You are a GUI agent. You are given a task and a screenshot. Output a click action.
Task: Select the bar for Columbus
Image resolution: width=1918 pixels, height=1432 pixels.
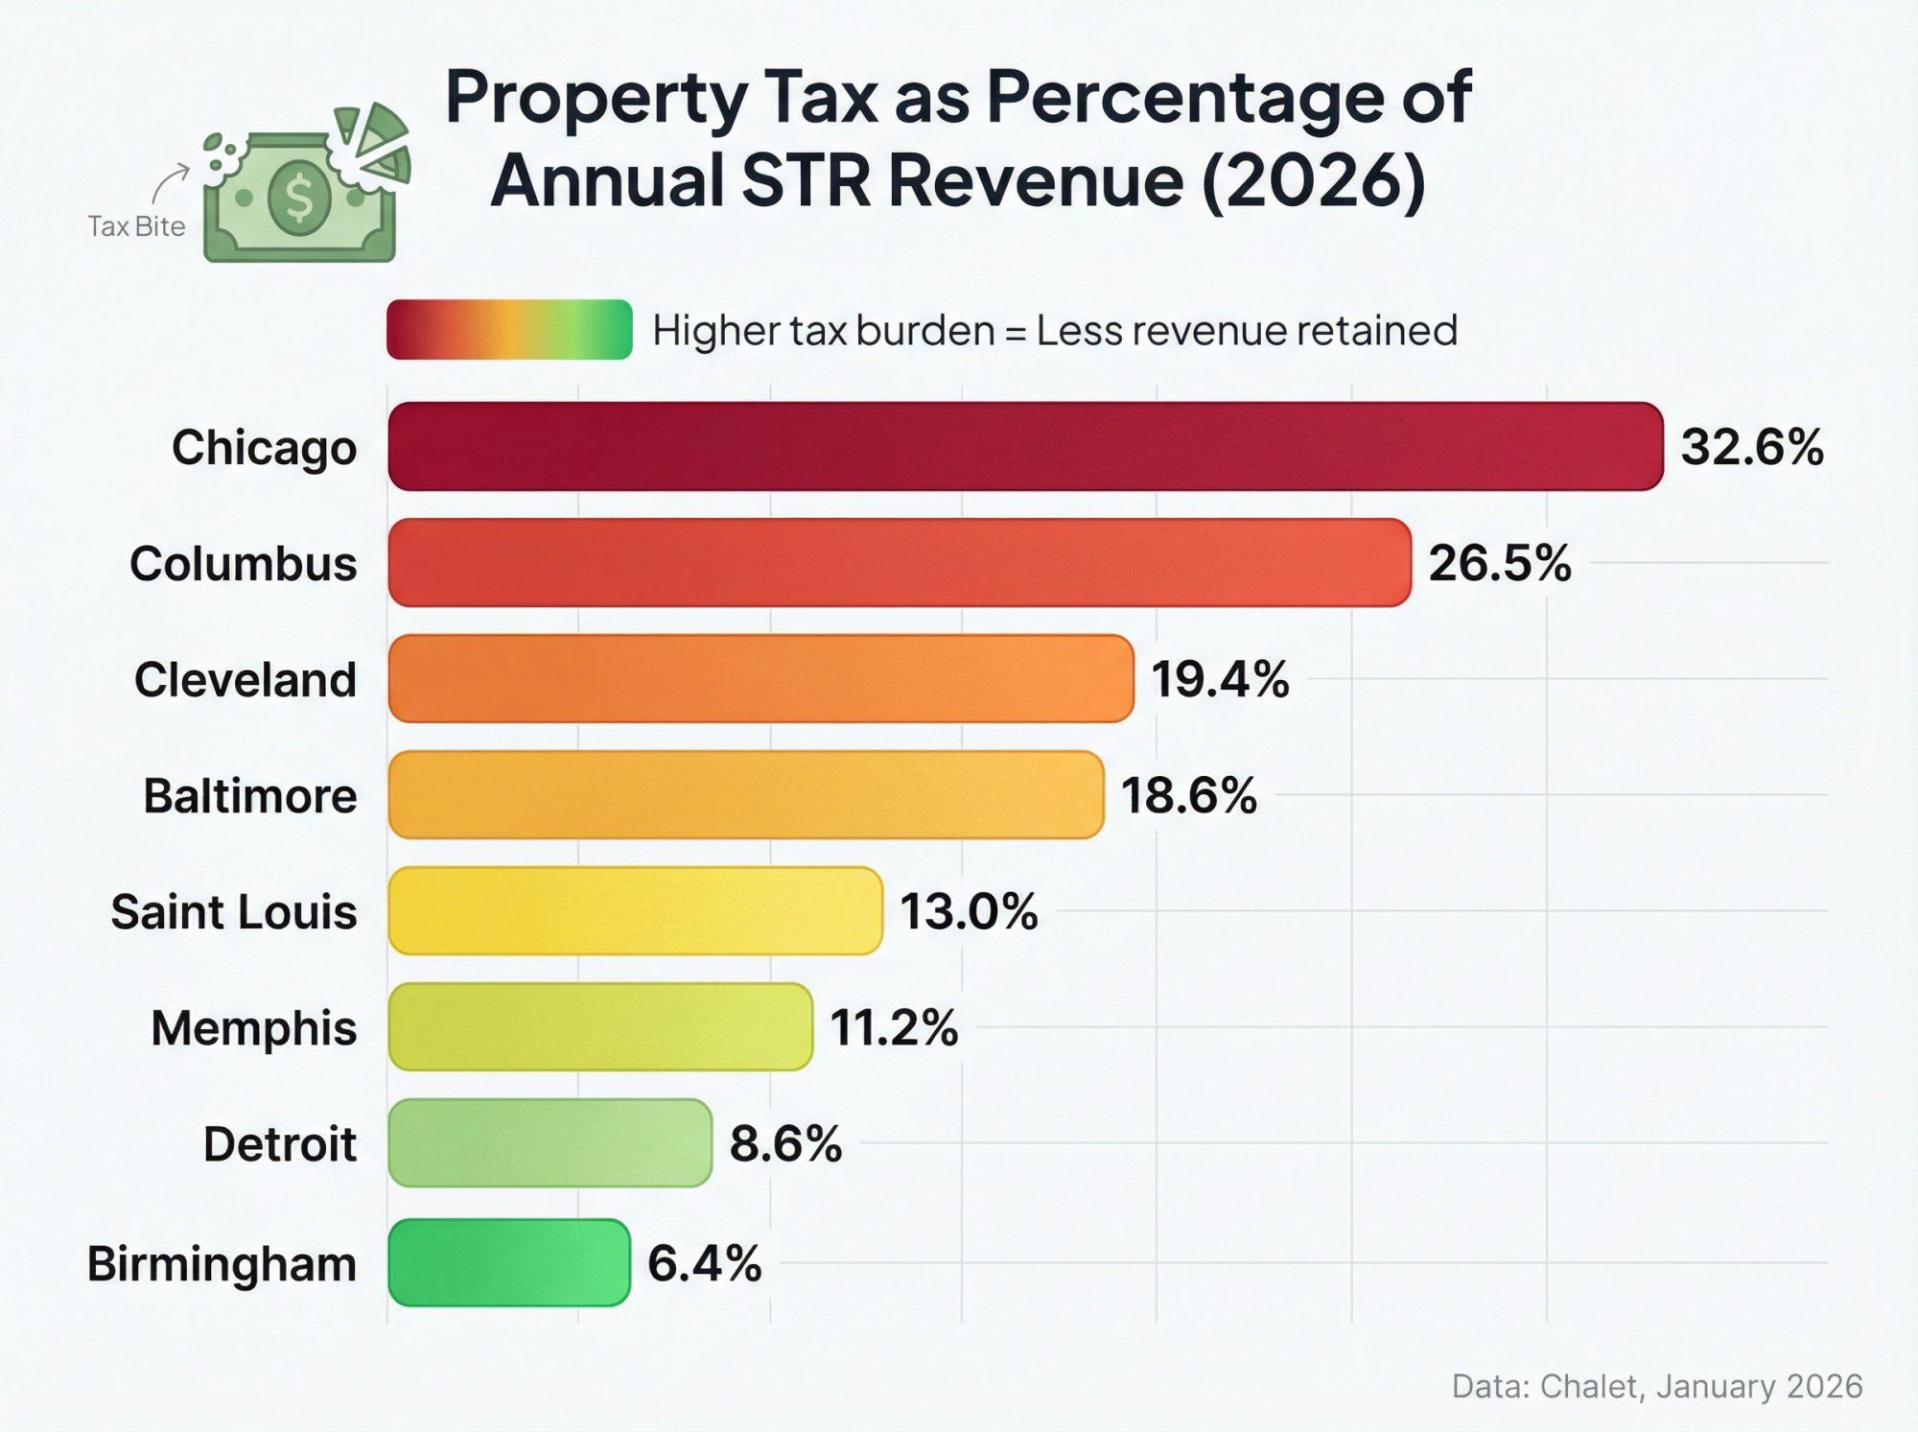click(899, 562)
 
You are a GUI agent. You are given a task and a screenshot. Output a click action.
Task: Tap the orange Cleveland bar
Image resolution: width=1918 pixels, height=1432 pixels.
click(760, 678)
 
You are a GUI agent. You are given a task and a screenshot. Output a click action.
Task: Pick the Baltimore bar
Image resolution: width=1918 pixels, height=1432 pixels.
click(745, 794)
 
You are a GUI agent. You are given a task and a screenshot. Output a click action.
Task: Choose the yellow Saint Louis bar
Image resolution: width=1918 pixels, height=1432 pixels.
click(635, 910)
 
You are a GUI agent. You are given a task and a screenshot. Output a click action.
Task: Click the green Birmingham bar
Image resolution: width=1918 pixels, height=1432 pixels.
click(508, 1262)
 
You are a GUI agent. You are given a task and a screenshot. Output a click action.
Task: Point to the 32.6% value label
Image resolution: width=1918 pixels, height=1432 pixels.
click(1751, 447)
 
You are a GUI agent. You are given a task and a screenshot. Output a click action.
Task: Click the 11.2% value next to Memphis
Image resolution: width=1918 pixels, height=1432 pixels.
click(893, 1027)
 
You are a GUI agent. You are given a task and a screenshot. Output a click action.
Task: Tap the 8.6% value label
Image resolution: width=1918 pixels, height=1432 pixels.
click(784, 1143)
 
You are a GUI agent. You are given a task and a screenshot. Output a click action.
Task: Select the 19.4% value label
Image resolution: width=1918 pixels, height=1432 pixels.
click(1219, 679)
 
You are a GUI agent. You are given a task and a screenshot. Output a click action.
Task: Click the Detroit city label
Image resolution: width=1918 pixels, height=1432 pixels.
click(279, 1144)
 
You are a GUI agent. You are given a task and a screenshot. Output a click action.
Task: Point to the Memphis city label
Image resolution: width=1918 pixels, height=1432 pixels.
click(253, 1028)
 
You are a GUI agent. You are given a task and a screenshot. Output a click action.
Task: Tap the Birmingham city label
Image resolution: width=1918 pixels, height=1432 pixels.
click(222, 1263)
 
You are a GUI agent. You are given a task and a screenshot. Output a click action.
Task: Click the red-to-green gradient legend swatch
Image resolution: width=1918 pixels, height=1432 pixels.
click(509, 329)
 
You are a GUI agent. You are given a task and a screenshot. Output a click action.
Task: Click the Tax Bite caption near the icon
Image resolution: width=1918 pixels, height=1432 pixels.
click(136, 226)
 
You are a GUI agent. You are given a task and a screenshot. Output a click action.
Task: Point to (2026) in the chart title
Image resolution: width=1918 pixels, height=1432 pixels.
click(1313, 180)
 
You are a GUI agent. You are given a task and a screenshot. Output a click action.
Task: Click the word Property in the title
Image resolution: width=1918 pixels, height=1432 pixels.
click(596, 98)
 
